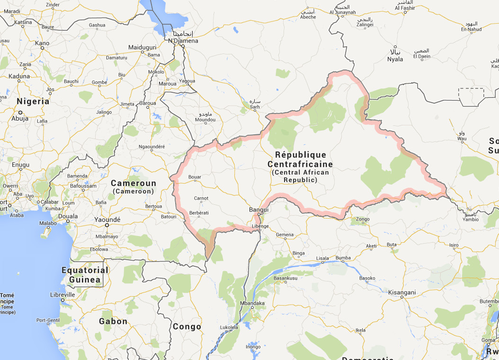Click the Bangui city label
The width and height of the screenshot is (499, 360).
(258, 210)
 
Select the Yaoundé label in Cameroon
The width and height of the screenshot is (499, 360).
(107, 220)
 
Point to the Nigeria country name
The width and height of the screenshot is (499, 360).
(33, 101)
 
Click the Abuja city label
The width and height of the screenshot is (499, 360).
(20, 119)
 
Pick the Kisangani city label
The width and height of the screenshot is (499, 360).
(401, 292)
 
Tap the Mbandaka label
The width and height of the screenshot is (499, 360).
(252, 303)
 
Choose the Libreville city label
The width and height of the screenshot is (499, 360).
(62, 294)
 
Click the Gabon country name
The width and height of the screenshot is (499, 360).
(113, 321)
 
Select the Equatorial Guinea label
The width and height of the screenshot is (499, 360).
(85, 275)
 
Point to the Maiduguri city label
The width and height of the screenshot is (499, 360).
(142, 47)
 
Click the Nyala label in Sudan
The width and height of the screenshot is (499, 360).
(395, 59)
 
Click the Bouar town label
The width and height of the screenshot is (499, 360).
(195, 177)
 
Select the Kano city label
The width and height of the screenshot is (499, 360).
(42, 43)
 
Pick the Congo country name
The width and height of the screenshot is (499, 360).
(187, 326)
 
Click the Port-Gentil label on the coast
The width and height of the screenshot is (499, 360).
(47, 320)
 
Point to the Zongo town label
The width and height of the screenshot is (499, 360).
(363, 219)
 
